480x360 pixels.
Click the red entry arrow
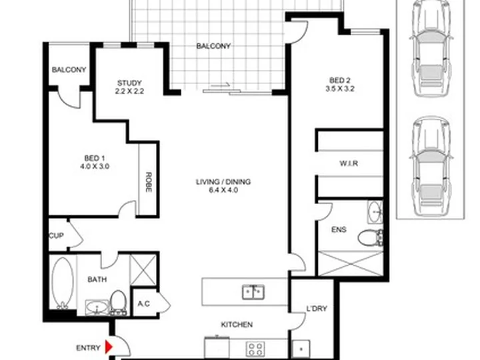109,347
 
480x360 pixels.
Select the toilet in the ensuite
371,237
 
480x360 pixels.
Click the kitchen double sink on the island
253,292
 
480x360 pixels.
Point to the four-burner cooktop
255,349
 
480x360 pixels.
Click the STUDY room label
129,83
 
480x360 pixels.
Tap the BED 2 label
339,81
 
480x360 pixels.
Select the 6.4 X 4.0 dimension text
223,190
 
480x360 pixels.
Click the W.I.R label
349,163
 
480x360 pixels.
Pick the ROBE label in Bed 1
148,182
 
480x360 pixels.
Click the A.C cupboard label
143,304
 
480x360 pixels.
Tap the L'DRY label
317,309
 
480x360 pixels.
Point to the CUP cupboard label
56,235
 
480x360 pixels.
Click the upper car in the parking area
431,49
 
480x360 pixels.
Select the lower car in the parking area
431,166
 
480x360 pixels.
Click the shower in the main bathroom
143,270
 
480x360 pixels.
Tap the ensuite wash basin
375,211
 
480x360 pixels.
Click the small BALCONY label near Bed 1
69,70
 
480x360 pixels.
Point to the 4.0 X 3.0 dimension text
95,167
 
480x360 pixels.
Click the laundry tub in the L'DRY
301,349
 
